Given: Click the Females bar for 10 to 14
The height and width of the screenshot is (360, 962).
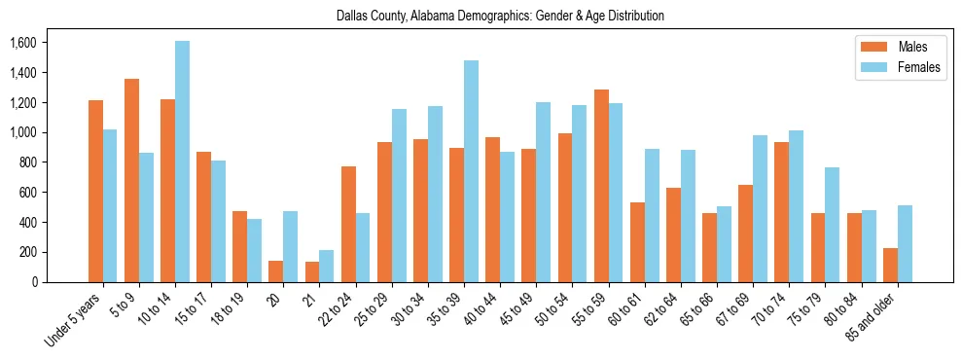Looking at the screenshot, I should coord(183,162).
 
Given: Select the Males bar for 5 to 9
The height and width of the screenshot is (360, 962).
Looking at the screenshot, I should coord(131,180).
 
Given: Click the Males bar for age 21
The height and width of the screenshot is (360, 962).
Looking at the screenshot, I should coord(312,271).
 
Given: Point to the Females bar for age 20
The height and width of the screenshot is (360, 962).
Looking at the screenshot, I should coord(291,246).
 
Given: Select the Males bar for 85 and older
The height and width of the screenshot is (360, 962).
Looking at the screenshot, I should coord(890,265).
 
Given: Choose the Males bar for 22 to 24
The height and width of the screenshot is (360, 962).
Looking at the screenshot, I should coord(348,224).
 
